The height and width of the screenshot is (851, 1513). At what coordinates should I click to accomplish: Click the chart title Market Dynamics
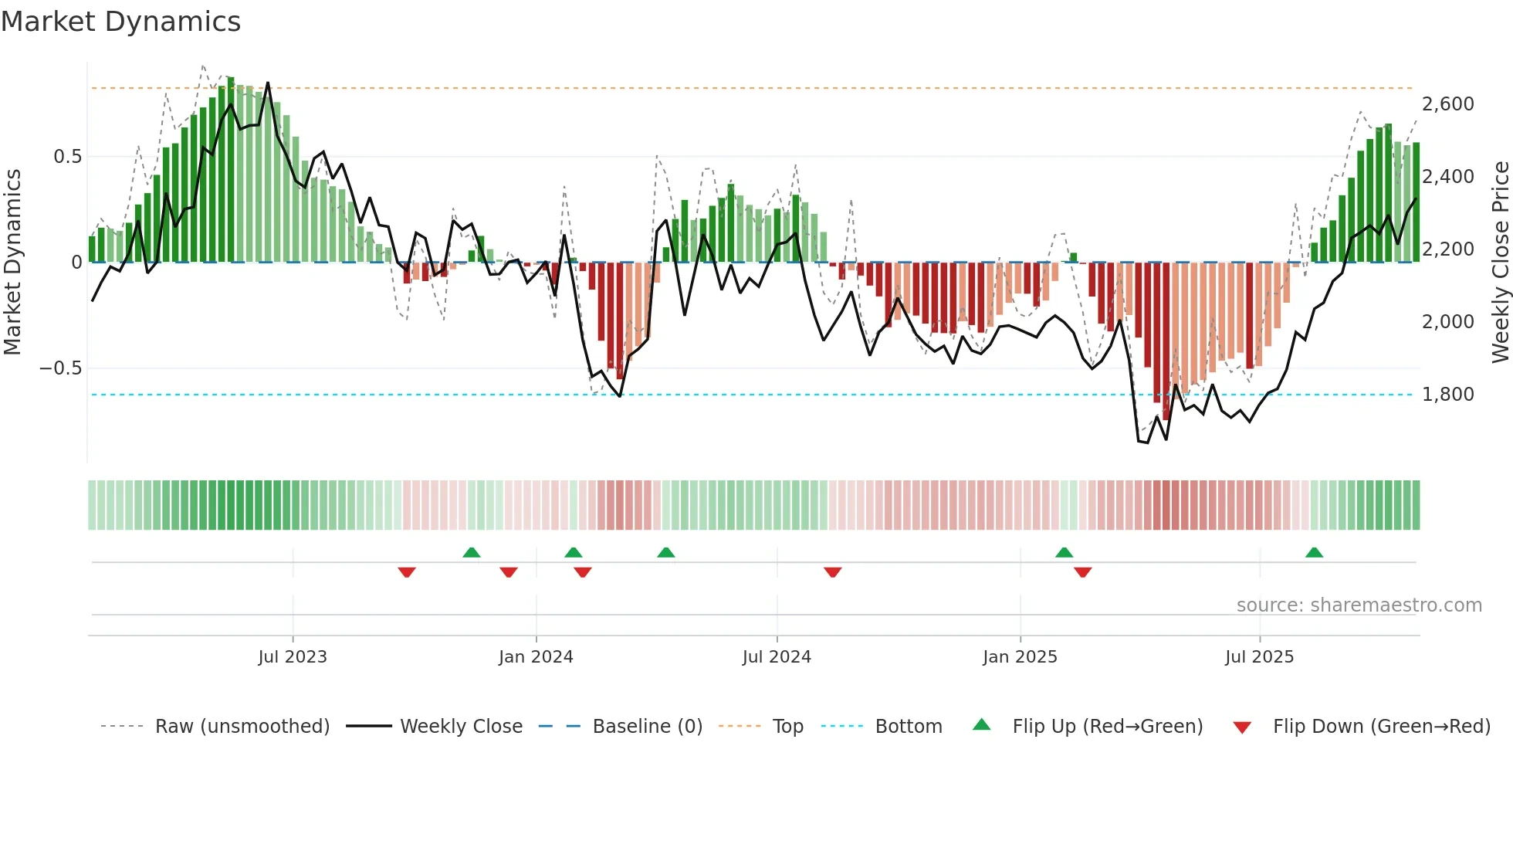[120, 22]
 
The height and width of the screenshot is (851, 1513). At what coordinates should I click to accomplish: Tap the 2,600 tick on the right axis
[1447, 104]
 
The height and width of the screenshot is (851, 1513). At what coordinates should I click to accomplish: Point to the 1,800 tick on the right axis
[1447, 395]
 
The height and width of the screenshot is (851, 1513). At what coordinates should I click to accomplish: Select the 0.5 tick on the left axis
[67, 157]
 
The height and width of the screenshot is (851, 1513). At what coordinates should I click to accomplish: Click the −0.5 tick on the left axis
[61, 368]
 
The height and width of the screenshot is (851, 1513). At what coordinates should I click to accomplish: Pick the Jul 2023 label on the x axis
[293, 657]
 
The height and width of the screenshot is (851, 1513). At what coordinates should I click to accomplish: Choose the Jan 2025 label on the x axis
[1020, 657]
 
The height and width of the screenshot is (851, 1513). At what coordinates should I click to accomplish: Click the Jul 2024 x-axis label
[777, 657]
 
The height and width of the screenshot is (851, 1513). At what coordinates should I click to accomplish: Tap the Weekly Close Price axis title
[1500, 263]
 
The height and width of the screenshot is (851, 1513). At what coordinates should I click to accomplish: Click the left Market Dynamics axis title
[12, 263]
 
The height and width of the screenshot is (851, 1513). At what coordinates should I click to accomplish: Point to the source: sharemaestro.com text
[1359, 605]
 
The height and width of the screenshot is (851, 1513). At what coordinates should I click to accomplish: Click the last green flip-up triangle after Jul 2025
[1314, 552]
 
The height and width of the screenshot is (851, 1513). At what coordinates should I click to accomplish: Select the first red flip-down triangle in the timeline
[407, 572]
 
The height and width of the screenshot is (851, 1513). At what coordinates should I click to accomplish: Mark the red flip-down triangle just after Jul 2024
[832, 572]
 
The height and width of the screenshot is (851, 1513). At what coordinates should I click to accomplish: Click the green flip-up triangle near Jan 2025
[1064, 552]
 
